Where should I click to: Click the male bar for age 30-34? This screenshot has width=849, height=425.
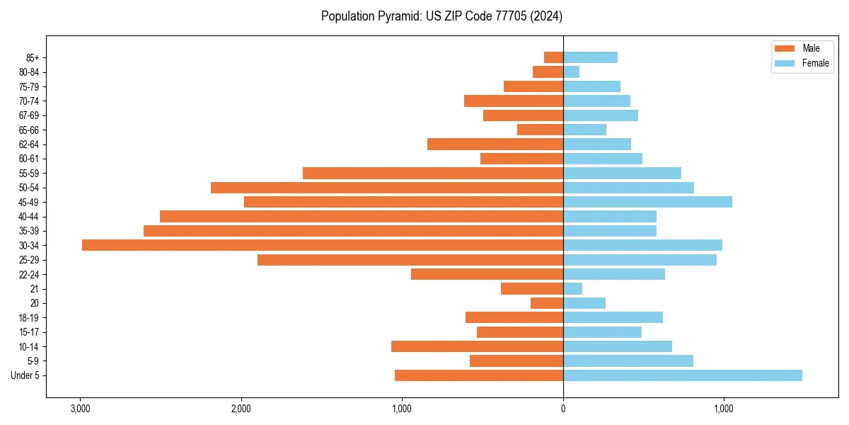point(322,245)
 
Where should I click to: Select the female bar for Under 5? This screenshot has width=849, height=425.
point(682,375)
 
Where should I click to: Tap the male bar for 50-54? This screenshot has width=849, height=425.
point(386,188)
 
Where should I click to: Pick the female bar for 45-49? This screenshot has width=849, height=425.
point(647,202)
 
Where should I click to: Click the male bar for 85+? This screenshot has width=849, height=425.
point(553,57)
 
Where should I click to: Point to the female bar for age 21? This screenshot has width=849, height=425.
point(572,289)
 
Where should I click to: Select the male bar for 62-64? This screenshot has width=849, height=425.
point(495,144)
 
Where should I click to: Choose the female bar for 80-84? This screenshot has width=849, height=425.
point(571,72)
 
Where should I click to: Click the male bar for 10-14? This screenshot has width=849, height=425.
point(477,346)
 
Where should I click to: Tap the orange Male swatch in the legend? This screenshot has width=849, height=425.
point(785,48)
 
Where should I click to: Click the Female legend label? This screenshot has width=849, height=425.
point(815,63)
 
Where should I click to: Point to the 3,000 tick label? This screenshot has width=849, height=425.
point(81,409)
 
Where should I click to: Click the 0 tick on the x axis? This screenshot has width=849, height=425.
point(563,409)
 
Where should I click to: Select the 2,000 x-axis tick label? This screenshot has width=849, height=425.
point(241,409)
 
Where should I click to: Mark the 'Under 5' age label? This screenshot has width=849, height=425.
point(25,375)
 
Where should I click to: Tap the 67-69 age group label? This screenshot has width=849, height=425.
point(29,115)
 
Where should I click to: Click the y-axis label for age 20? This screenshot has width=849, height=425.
point(35,303)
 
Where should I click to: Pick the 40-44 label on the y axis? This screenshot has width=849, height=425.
point(29,217)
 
